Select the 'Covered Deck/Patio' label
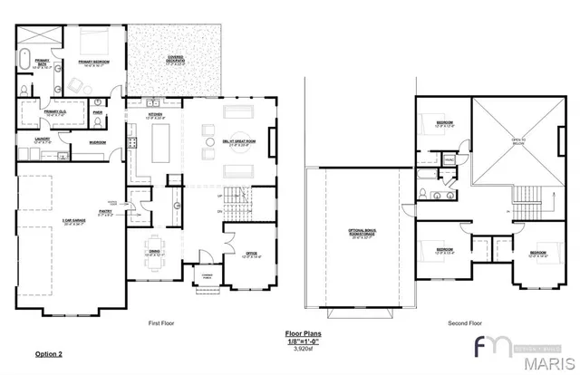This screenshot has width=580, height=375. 176,60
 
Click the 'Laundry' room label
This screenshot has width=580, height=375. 42,140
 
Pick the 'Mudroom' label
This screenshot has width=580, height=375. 98,143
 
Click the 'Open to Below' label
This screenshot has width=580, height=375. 518,141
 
